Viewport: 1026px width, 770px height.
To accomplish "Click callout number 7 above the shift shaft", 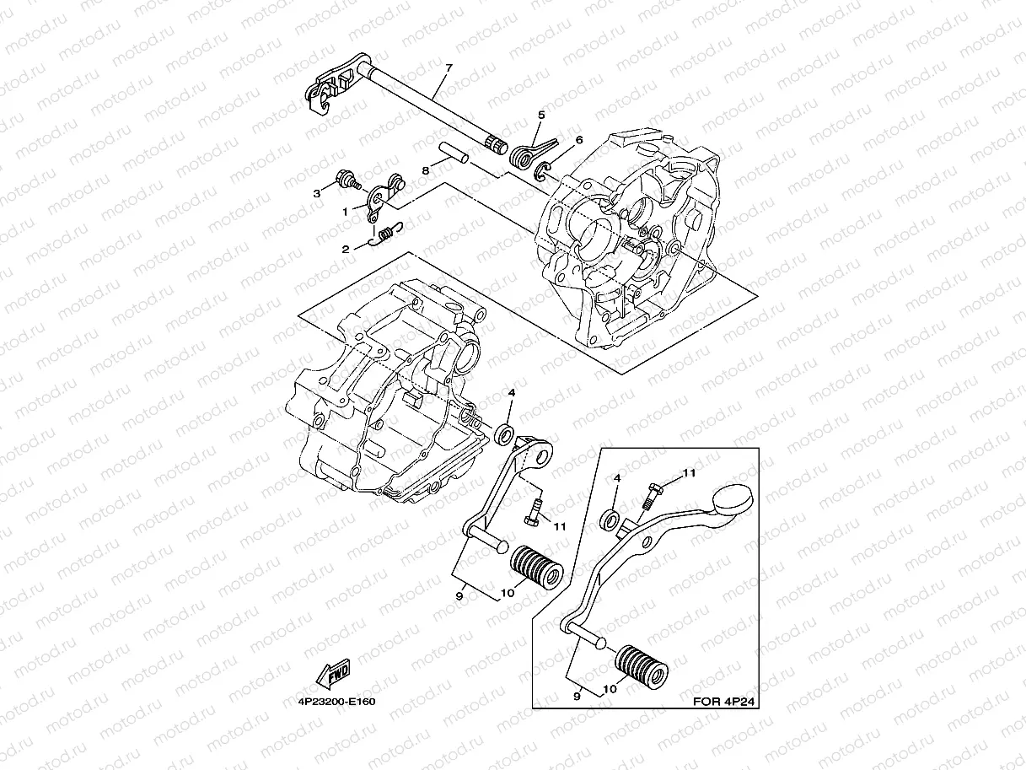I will click(x=449, y=67).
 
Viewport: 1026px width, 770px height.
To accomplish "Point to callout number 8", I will click(x=426, y=170).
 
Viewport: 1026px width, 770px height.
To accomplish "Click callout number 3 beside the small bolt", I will click(x=317, y=193).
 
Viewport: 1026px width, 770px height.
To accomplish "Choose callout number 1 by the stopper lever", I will click(x=344, y=213).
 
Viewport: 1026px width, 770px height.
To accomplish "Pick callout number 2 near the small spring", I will click(x=345, y=250).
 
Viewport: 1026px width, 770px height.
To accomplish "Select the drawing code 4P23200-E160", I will click(x=336, y=701).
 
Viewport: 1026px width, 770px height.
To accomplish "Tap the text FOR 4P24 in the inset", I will click(x=721, y=700).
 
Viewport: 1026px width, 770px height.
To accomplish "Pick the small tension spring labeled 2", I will click(x=388, y=232).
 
